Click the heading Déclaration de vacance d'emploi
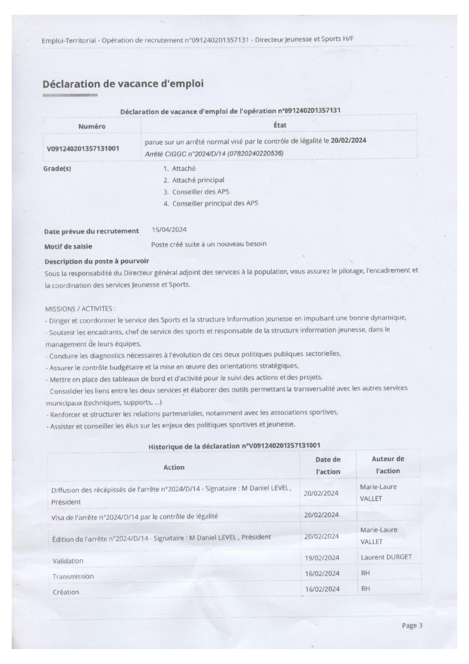click(x=123, y=84)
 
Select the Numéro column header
click(x=92, y=126)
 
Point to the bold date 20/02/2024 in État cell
click(x=348, y=141)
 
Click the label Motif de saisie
click(x=68, y=246)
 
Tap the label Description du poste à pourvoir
click(x=97, y=261)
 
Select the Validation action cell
click(x=68, y=561)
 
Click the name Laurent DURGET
click(x=386, y=557)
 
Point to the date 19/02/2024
click(x=322, y=558)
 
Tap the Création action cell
click(x=66, y=592)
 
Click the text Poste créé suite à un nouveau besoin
click(x=209, y=244)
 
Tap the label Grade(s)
click(x=57, y=169)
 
